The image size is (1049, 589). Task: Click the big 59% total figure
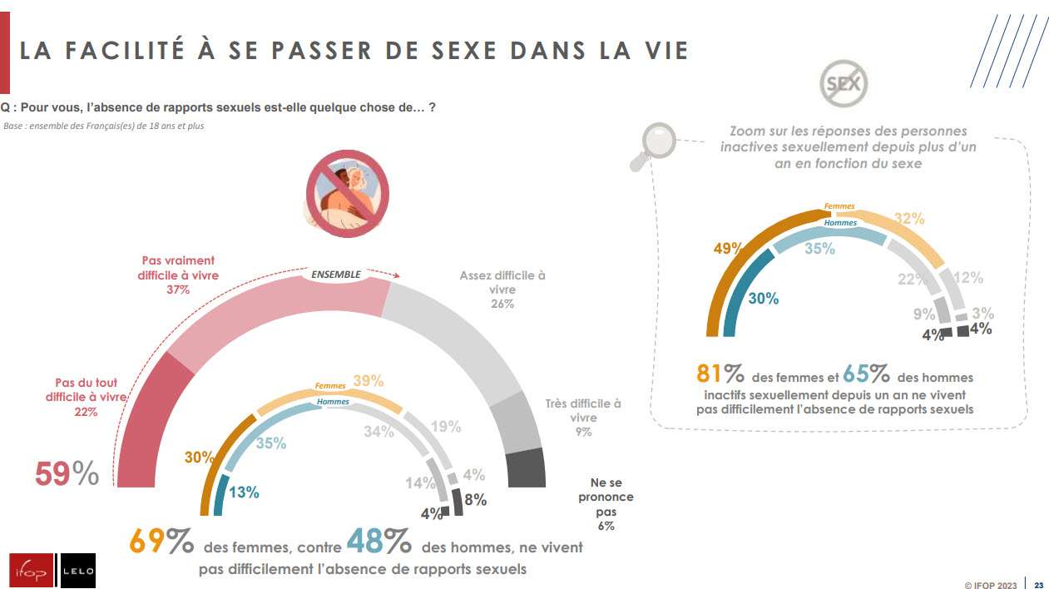click(x=67, y=473)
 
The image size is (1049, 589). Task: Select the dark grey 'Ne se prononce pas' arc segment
click(x=526, y=468)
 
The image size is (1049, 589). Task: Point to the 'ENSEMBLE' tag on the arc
click(x=336, y=275)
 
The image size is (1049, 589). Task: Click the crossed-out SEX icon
click(x=844, y=82)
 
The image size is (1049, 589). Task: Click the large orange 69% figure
click(x=161, y=543)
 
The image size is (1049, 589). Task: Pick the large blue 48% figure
click(x=379, y=543)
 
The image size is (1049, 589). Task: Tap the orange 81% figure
click(x=720, y=374)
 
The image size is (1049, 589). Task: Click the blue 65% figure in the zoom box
click(x=868, y=374)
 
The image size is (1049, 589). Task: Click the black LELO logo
click(x=77, y=570)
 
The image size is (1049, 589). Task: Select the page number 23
click(x=1038, y=585)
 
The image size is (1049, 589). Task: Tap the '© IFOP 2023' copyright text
click(x=992, y=585)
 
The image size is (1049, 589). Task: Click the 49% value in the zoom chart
click(x=726, y=248)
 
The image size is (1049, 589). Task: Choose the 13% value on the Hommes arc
click(x=244, y=492)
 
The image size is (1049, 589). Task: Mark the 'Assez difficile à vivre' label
click(x=502, y=290)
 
